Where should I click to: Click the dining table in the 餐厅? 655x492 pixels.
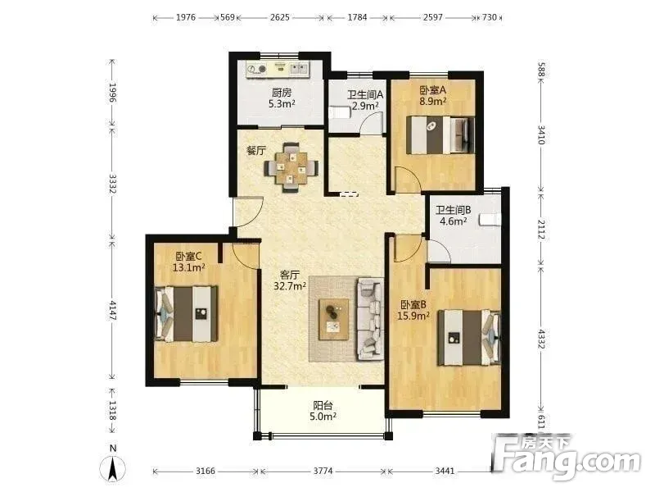coord(291,168)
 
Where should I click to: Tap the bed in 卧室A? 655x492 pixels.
coord(440,135)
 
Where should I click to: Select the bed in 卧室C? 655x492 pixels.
coord(187,313)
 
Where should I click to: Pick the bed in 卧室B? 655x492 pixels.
coord(468,337)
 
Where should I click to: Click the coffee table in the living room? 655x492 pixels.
coord(333,319)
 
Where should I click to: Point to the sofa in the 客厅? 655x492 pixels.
coord(370,319)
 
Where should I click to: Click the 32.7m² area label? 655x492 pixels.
coord(290,286)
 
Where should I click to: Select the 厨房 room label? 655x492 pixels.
coord(282,93)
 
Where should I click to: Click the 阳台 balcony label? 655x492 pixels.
coord(323,405)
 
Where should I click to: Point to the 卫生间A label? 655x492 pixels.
coord(365,94)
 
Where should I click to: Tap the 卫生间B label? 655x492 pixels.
coord(454,210)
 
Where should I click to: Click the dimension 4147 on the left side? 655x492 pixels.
coord(112,310)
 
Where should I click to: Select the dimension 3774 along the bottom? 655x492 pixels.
coord(323,471)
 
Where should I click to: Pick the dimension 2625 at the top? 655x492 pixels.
coord(279,17)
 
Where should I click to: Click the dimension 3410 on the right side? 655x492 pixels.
coord(541,134)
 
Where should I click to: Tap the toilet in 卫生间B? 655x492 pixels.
coord(490,220)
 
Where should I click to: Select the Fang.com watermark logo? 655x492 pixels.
coord(566,457)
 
